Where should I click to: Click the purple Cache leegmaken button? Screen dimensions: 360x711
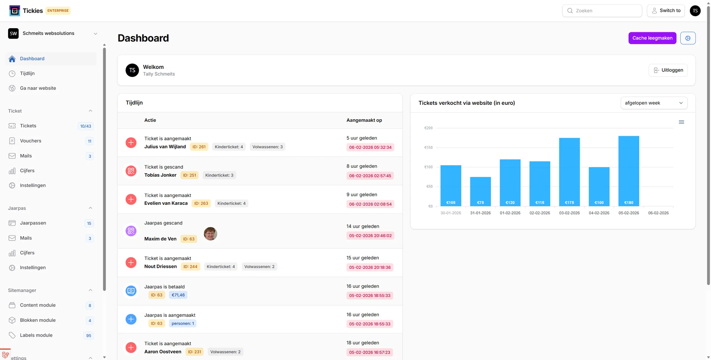tap(652, 38)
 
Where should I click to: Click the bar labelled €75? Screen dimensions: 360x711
tap(480, 191)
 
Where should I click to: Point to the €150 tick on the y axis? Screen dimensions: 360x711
tap(428, 147)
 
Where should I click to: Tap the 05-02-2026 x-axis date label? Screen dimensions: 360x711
tap(628, 213)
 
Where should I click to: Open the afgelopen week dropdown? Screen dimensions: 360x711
tap(654, 103)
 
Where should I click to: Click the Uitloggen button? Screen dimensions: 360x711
tap(668, 70)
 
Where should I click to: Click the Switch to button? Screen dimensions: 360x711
tap(665, 11)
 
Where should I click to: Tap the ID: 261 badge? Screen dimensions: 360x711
tap(199, 147)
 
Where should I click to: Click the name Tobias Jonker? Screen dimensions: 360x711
tap(160, 175)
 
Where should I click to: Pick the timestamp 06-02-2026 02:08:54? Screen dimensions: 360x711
tap(370, 204)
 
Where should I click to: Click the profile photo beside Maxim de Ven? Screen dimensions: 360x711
tap(210, 234)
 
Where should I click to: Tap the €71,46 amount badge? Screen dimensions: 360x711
tap(178, 295)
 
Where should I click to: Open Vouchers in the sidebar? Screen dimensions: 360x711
tap(31, 141)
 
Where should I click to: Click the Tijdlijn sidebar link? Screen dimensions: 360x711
tap(27, 73)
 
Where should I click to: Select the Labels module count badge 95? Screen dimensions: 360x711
tap(89, 336)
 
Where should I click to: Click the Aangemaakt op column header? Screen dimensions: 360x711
tap(364, 120)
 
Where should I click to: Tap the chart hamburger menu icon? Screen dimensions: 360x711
tap(681, 122)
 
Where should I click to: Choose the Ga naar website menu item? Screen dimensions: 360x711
tap(38, 88)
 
